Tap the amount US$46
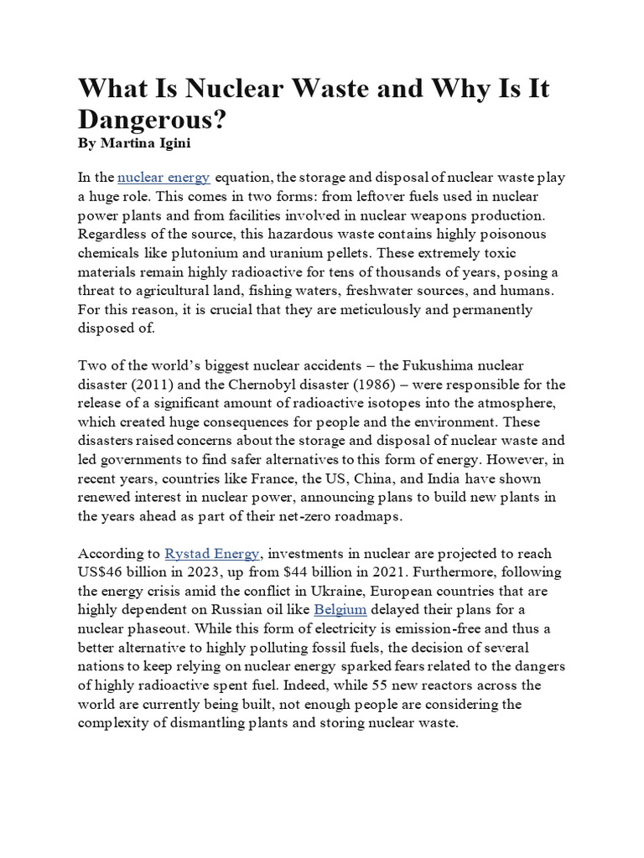coord(102,573)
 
